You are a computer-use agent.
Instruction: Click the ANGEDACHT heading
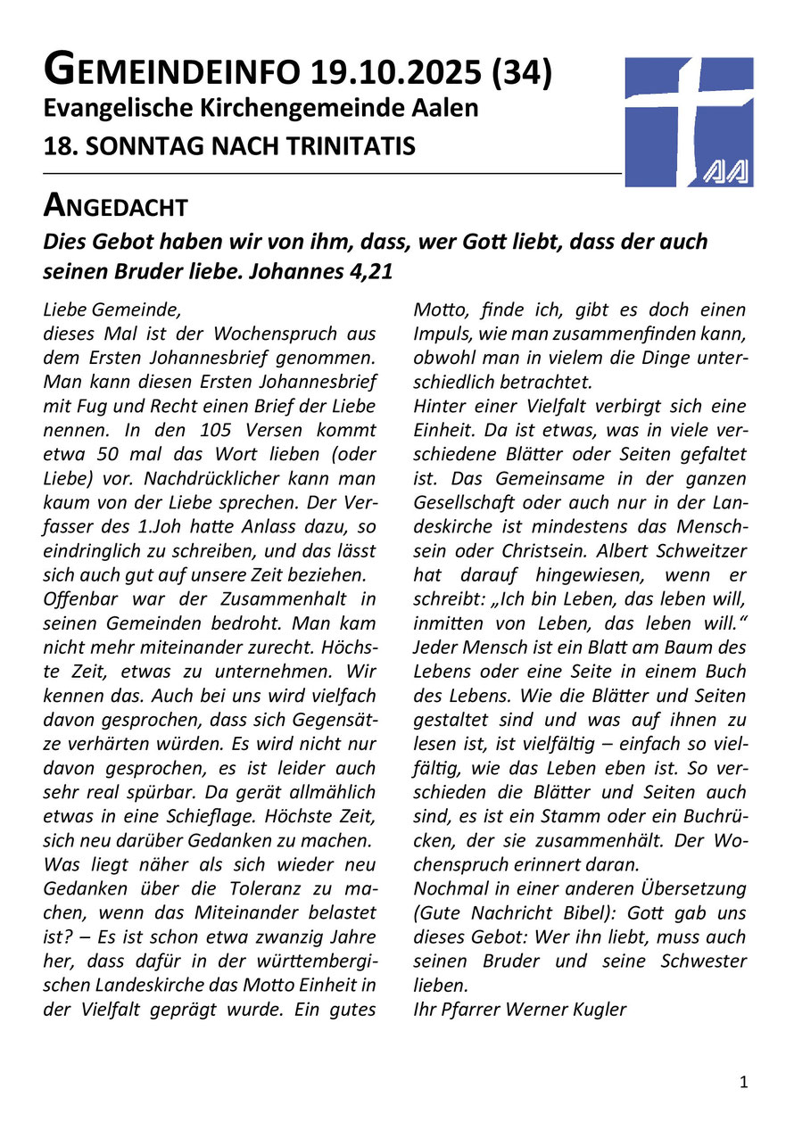click(x=116, y=207)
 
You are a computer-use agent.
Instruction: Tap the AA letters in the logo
click(x=724, y=170)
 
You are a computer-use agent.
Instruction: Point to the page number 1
click(x=744, y=1083)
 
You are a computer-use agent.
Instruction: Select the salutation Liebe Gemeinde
click(x=112, y=311)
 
